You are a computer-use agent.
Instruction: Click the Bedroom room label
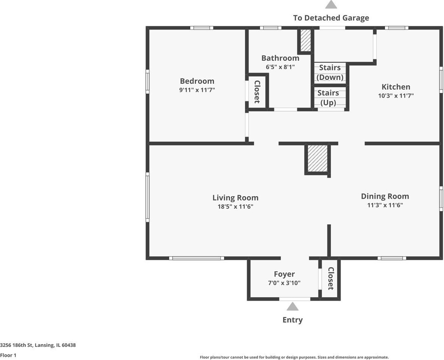point(197,81)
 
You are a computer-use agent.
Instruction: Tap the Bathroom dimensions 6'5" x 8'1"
point(280,67)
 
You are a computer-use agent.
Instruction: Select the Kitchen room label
point(396,87)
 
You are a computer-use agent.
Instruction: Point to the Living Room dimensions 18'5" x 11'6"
point(235,207)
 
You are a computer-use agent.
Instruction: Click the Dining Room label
point(385,197)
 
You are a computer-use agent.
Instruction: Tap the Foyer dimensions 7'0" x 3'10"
point(284,283)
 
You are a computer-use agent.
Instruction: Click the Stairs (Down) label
point(330,73)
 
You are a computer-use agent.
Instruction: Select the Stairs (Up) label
point(328,98)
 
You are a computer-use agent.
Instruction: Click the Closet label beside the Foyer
point(331,278)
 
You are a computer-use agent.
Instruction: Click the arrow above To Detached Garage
point(331,4)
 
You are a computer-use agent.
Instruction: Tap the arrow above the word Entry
point(292,307)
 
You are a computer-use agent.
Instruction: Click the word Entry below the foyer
point(292,320)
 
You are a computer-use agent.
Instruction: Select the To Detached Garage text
point(331,18)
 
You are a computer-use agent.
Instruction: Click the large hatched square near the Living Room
point(317,159)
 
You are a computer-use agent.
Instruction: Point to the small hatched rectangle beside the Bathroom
point(306,41)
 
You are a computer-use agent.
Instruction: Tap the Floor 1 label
point(8,355)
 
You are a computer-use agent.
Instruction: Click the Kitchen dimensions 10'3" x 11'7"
point(396,96)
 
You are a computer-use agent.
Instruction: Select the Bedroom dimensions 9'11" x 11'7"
point(197,90)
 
